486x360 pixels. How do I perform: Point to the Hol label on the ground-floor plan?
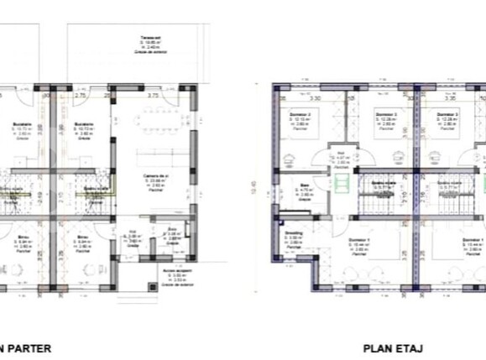[133, 233]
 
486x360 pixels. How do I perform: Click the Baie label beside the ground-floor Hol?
[173, 230]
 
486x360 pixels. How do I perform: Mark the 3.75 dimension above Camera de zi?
[153, 96]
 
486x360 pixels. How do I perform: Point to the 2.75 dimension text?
[81, 96]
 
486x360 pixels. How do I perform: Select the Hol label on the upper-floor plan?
[341, 153]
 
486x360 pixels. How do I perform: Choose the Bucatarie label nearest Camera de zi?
[83, 125]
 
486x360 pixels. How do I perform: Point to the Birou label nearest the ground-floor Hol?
[82, 237]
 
